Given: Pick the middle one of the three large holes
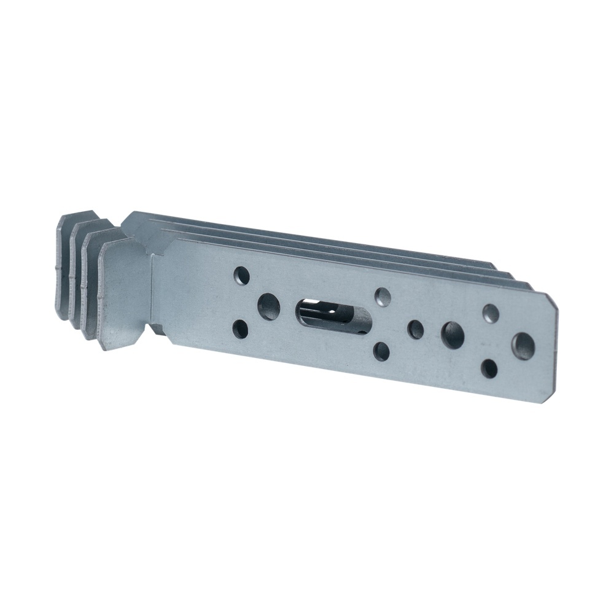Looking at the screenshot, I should click(x=454, y=333).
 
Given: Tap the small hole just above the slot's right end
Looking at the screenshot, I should click(x=383, y=297).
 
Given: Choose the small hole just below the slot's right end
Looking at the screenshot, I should click(x=381, y=351).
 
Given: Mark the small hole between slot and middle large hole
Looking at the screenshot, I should click(x=416, y=328).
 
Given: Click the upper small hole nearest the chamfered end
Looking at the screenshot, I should click(x=491, y=314).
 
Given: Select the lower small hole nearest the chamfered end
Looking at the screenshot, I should click(x=489, y=368).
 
